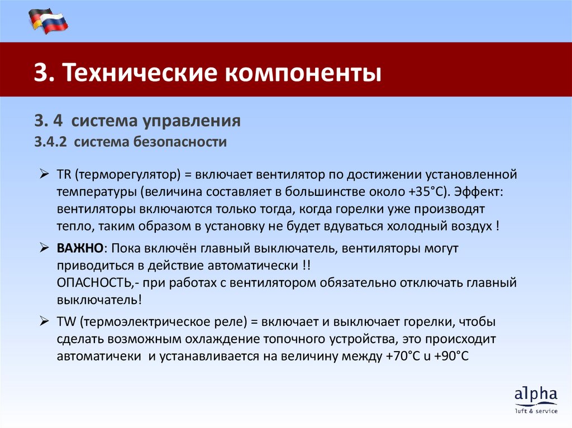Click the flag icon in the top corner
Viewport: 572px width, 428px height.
(x=47, y=21)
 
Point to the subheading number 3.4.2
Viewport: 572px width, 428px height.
(x=50, y=142)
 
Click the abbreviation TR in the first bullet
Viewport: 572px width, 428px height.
(x=62, y=175)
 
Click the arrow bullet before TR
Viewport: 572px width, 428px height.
(x=45, y=175)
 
